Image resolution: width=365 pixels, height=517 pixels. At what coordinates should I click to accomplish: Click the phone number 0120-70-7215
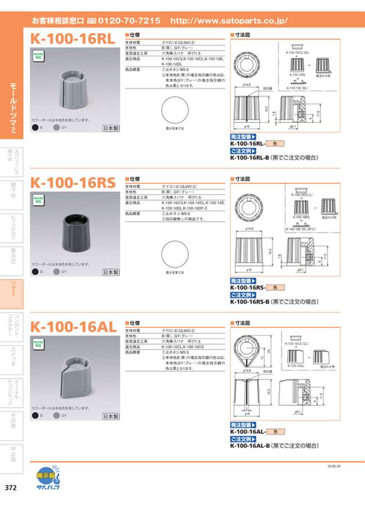(129, 21)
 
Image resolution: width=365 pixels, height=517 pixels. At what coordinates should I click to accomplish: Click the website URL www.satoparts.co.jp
(228, 21)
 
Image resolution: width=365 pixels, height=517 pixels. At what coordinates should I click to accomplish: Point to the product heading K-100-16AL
(73, 326)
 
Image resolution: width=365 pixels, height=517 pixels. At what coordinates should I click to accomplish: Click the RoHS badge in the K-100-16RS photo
(38, 199)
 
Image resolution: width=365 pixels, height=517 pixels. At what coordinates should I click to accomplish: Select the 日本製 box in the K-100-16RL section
(111, 129)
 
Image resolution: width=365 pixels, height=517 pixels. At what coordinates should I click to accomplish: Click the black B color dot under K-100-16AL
(35, 416)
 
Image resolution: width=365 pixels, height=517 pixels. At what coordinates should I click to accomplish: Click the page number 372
(11, 487)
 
